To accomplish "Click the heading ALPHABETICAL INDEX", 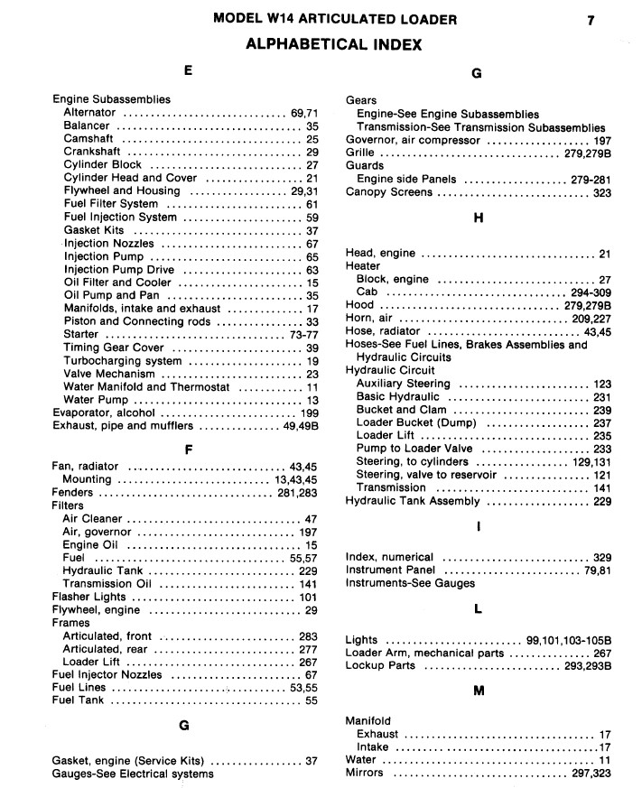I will (x=334, y=44).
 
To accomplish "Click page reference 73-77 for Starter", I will (x=302, y=335).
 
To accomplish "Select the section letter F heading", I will (x=187, y=449).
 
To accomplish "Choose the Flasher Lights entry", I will (x=89, y=597).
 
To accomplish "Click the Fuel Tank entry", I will (x=78, y=700).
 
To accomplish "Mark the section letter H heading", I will (x=479, y=218).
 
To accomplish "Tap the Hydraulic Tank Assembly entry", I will (x=413, y=501).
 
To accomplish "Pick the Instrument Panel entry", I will (x=390, y=570).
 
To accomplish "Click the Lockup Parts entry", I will (x=380, y=666).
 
